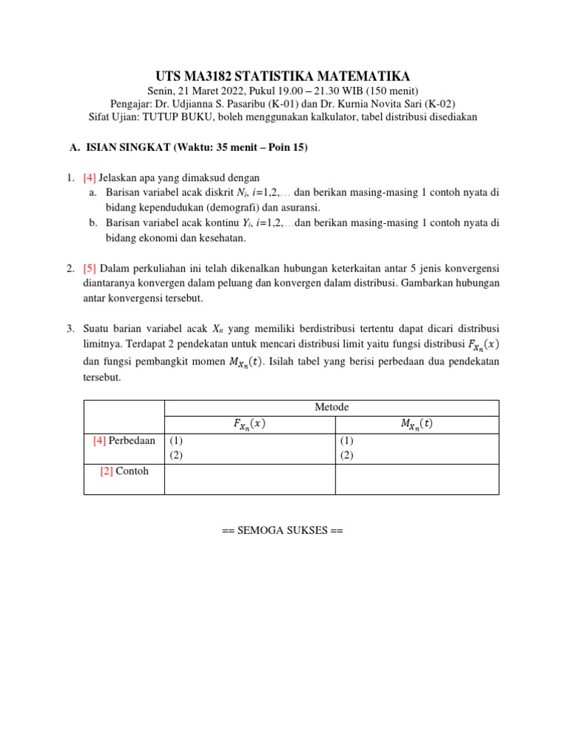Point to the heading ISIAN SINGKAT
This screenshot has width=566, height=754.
tap(127, 147)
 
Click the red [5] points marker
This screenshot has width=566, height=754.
tap(89, 267)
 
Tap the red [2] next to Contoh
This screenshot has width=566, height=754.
tap(106, 471)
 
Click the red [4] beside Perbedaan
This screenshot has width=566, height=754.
tap(99, 440)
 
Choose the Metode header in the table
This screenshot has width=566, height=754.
tap(332, 407)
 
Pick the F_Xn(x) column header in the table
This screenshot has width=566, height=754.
tap(249, 425)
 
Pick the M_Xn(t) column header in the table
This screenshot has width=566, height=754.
tap(417, 425)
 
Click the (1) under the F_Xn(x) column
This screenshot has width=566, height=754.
tap(176, 440)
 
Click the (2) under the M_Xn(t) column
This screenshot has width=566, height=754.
tap(346, 455)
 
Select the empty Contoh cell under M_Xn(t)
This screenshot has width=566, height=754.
tap(417, 479)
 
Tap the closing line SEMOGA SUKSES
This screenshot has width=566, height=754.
tap(282, 530)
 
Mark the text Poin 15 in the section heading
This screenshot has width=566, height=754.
tap(284, 147)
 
